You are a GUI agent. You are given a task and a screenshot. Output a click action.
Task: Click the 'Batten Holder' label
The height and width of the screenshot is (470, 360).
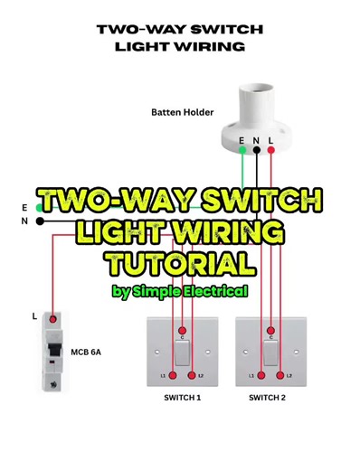(x=182, y=112)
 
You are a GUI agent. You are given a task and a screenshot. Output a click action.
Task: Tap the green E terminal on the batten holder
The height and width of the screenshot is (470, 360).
(x=242, y=150)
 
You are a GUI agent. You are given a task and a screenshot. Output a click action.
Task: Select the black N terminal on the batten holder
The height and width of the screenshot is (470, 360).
(x=256, y=150)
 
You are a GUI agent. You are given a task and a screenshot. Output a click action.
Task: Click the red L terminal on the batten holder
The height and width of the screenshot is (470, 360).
(x=270, y=150)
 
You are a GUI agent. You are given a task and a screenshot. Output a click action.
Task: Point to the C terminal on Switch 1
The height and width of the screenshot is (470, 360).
(x=183, y=332)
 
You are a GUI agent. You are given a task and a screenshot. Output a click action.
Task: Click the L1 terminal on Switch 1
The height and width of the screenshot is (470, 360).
(x=172, y=374)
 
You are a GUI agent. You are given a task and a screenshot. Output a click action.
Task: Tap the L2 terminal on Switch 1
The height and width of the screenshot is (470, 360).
(x=192, y=374)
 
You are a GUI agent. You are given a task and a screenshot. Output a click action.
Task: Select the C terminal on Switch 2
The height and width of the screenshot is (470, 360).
(x=270, y=332)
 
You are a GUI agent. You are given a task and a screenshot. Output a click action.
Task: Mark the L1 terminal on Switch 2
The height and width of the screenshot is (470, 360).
(x=261, y=374)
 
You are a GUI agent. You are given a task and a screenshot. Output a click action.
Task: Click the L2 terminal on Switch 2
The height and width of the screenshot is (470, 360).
(x=280, y=374)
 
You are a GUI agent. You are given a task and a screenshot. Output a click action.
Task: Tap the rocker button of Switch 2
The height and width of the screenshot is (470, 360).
(x=270, y=352)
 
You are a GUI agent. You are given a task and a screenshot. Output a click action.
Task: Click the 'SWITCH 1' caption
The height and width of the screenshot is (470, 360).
(x=182, y=398)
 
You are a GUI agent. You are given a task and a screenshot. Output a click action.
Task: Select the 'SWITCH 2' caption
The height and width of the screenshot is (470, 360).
(x=268, y=398)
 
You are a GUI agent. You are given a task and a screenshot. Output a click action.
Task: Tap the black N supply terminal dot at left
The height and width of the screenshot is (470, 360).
(x=39, y=221)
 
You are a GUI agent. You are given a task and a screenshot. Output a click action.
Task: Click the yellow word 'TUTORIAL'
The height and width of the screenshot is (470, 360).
(x=179, y=264)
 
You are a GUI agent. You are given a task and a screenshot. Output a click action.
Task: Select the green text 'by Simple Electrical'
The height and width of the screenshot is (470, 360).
(x=180, y=291)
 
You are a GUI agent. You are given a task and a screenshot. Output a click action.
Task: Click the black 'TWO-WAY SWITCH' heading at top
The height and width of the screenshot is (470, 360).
(x=180, y=30)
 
